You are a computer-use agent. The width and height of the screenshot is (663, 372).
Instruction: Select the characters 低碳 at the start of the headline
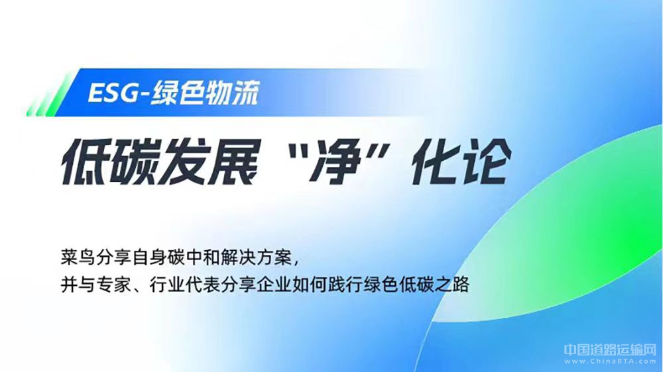coord(109,162)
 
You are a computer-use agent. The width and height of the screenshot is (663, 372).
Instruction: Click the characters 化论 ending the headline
coord(461,162)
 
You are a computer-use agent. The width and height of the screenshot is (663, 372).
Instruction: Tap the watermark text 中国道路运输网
coord(610,349)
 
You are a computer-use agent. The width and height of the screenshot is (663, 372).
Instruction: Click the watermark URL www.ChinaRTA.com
coord(610,361)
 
